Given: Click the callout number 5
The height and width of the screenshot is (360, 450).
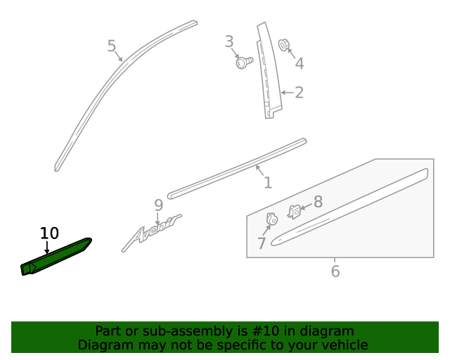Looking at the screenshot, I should [x=111, y=46].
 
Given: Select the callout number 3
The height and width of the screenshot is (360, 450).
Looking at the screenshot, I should [x=229, y=41].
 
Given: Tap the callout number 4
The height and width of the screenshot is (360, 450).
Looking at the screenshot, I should [x=299, y=64].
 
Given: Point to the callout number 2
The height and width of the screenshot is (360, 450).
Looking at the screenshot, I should [x=299, y=93].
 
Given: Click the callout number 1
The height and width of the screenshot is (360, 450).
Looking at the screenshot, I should [x=267, y=183].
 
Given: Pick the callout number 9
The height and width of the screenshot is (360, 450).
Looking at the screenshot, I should [x=158, y=205].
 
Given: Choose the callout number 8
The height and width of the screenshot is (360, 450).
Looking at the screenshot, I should [x=318, y=202].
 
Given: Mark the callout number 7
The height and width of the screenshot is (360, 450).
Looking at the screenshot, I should [x=262, y=243].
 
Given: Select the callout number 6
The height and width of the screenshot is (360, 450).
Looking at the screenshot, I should [x=335, y=271].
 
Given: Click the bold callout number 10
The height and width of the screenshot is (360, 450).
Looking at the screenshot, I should [x=49, y=233].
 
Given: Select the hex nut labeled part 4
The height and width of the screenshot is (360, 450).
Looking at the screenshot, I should [x=284, y=45].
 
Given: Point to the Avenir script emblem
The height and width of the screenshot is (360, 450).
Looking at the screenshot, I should [x=150, y=232].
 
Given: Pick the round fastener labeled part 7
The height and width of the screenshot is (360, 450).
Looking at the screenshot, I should [x=271, y=219].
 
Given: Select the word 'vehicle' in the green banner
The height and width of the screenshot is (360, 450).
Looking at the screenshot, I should [x=344, y=345].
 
